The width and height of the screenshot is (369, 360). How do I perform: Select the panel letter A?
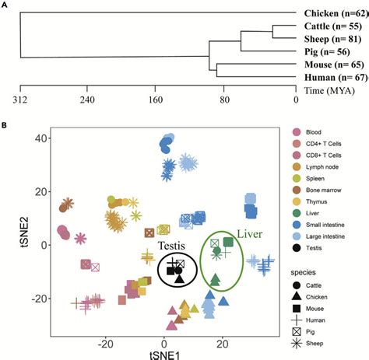pyautogui.click(x=7, y=5)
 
